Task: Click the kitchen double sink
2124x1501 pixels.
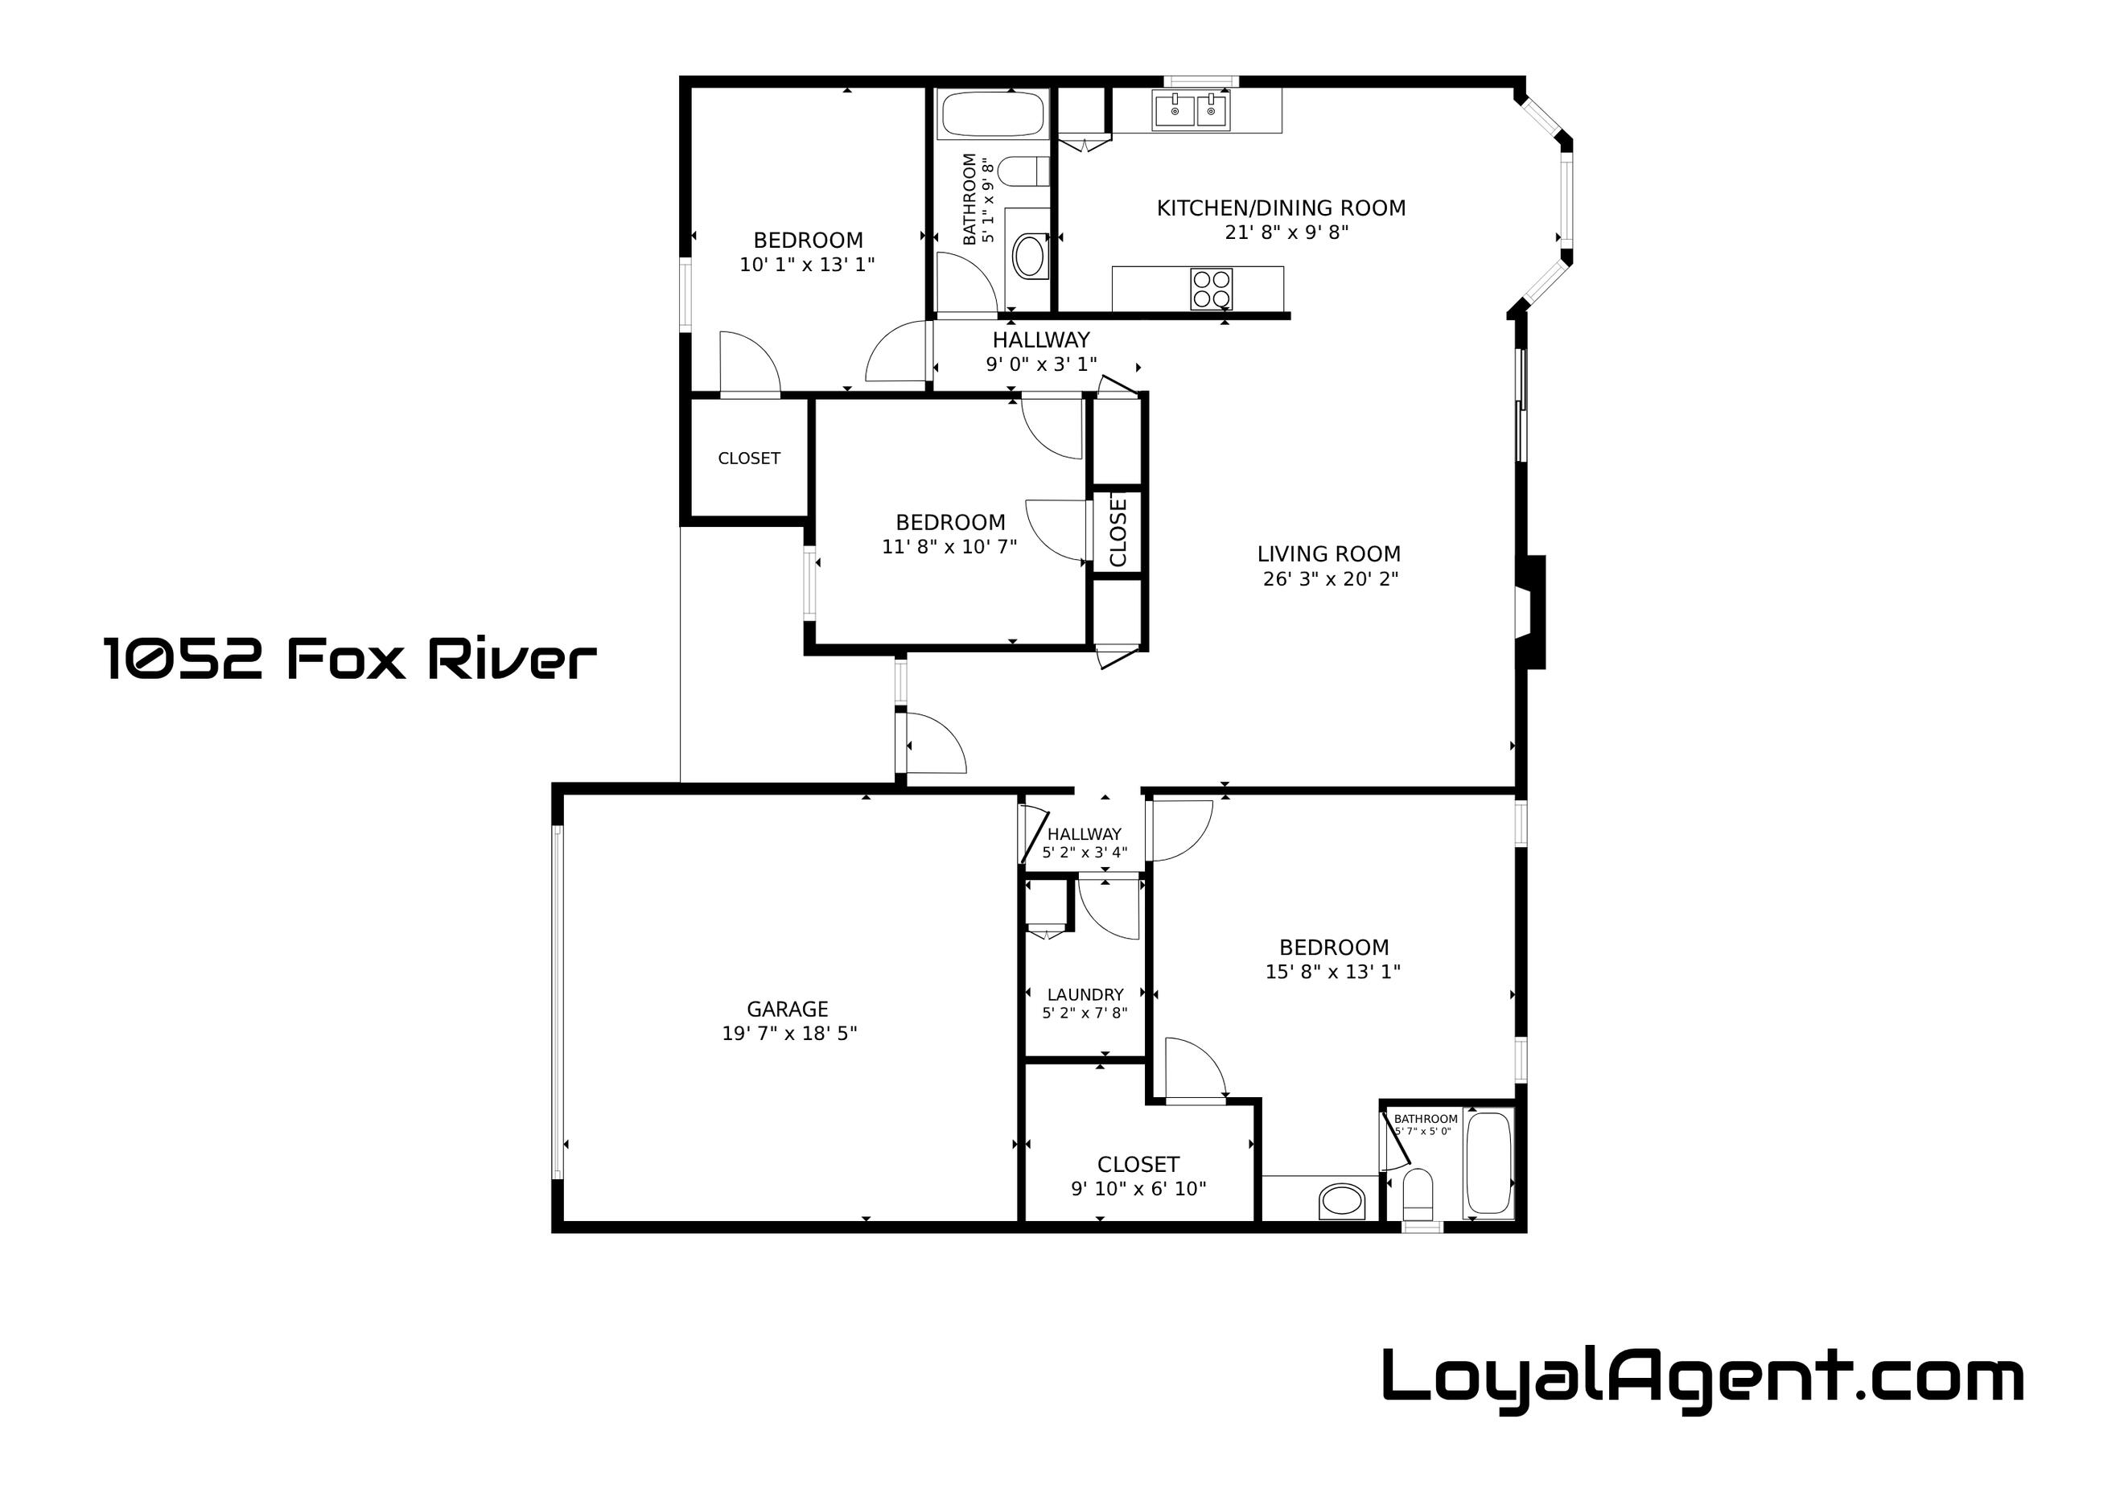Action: pyautogui.click(x=1192, y=111)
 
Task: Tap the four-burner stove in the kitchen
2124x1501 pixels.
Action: pyautogui.click(x=1211, y=288)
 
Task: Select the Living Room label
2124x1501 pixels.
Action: pyautogui.click(x=1328, y=554)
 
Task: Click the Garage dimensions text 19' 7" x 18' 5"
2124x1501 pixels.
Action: pyautogui.click(x=789, y=1033)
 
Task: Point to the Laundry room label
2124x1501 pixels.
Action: pyautogui.click(x=1085, y=994)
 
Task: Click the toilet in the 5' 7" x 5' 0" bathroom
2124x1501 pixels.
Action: pyautogui.click(x=1418, y=1197)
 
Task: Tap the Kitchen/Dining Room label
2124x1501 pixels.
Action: pyautogui.click(x=1282, y=208)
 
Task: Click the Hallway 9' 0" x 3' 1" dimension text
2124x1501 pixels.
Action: pyautogui.click(x=1042, y=364)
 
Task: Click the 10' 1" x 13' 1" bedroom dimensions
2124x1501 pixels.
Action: pyautogui.click(x=808, y=265)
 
